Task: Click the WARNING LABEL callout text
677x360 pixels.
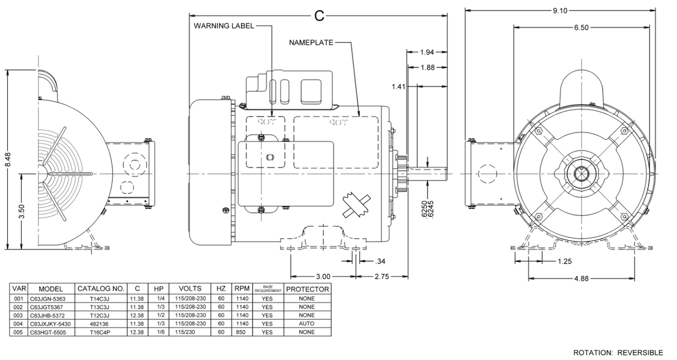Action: [224, 26]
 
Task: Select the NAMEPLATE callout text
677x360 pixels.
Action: [311, 42]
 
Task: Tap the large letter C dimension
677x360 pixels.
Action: [319, 16]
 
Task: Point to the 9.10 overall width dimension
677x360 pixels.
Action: [560, 10]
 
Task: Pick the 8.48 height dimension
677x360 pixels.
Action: [8, 162]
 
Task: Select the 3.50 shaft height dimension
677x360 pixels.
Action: [21, 212]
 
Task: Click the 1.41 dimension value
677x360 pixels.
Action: [399, 86]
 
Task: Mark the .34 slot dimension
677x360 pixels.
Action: [381, 261]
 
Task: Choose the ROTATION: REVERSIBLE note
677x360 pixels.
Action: [618, 352]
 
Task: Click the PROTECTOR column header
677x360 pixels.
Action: [307, 289]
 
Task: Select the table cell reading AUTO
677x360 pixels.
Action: [307, 323]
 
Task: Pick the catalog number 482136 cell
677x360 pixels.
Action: [100, 323]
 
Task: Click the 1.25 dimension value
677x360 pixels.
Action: [564, 261]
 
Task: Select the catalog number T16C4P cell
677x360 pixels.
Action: [100, 332]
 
